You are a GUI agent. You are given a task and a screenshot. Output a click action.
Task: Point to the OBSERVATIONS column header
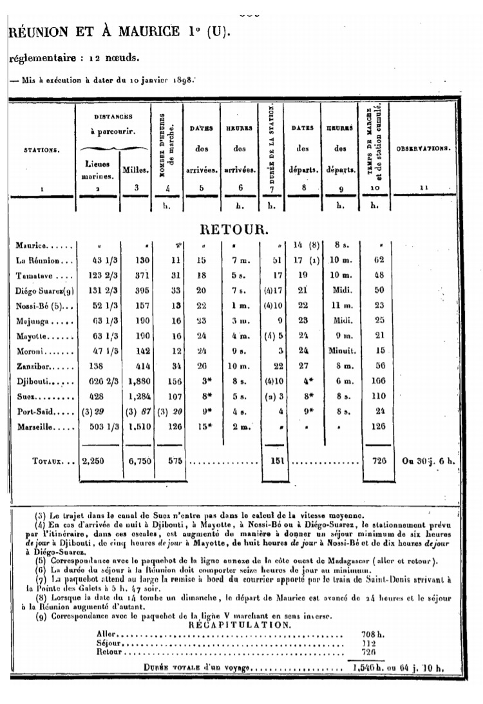point(423,149)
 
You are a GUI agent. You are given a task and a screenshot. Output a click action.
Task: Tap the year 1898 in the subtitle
point(182,81)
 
